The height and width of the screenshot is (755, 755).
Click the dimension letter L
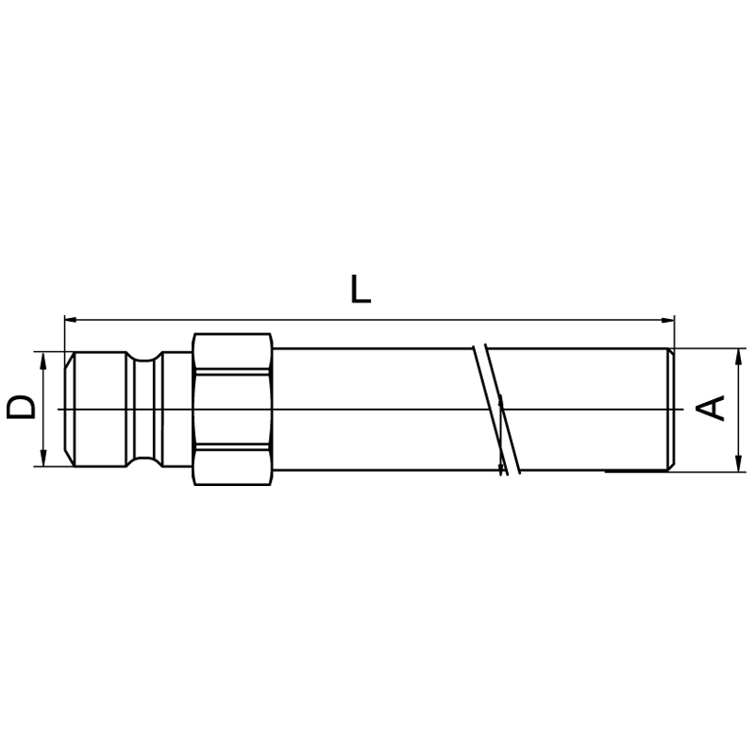[361, 289]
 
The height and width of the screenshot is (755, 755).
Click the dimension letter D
[21, 408]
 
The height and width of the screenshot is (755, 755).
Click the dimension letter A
[712, 409]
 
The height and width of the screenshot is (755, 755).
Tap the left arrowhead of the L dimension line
[70, 319]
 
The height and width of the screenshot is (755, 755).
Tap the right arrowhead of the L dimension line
[668, 320]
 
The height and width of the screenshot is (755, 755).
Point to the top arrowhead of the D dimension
[43, 360]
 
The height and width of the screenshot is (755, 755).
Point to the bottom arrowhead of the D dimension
[43, 459]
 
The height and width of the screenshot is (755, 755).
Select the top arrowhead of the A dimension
[737, 357]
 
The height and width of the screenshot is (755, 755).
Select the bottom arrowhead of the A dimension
[737, 463]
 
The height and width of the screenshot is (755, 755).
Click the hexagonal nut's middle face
[232, 409]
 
